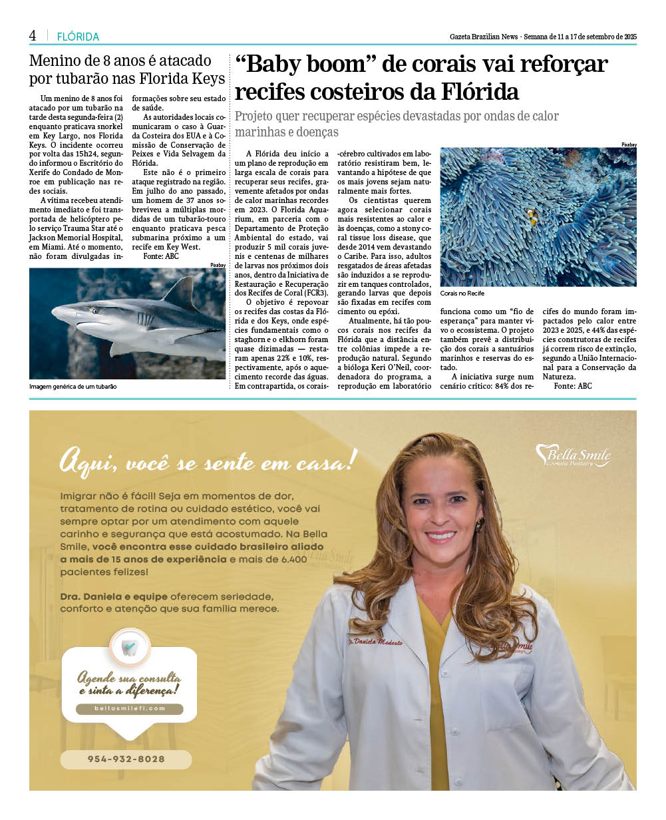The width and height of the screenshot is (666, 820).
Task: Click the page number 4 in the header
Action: [x=33, y=36]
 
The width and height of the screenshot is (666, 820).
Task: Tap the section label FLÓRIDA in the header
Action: [x=78, y=37]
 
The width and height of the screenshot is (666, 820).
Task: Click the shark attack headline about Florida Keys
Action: [x=126, y=70]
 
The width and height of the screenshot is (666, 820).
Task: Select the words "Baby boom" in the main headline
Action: [x=301, y=65]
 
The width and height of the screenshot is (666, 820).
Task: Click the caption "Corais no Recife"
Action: [x=462, y=294]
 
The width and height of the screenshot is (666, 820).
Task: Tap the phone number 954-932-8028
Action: [x=126, y=759]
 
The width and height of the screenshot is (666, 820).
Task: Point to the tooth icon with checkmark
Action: [x=130, y=646]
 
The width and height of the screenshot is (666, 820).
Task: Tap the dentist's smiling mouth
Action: [x=440, y=535]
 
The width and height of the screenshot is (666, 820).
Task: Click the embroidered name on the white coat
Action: [x=375, y=642]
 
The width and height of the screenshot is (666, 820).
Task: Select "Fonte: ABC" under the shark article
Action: [x=161, y=256]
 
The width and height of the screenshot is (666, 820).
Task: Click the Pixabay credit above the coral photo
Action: [x=629, y=144]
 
